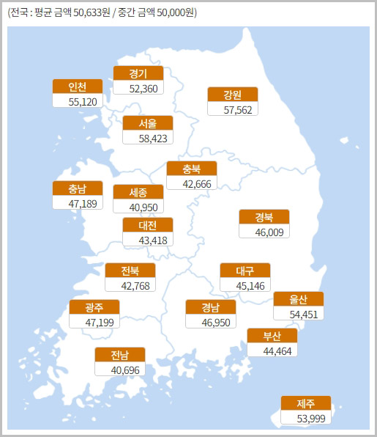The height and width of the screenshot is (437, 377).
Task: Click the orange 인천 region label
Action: [x=78, y=87]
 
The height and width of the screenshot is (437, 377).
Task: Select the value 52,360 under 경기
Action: [x=138, y=88]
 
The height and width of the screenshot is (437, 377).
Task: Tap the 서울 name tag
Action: [x=148, y=123]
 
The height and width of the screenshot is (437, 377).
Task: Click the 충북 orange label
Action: [x=192, y=169]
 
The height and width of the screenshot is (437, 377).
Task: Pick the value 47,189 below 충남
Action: [x=78, y=202]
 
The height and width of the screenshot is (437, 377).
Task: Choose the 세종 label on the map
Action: [x=138, y=192]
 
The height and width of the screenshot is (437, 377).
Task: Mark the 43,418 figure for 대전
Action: [x=148, y=240]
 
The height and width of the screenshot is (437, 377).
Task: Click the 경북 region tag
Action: [x=264, y=217]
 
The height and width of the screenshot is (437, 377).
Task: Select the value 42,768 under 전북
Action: [x=130, y=285]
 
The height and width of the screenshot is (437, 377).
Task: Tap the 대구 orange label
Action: [x=245, y=271]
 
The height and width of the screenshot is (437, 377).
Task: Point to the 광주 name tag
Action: [x=94, y=307]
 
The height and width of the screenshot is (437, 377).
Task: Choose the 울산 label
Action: [x=298, y=299]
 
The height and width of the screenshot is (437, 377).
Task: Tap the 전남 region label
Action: [x=120, y=355]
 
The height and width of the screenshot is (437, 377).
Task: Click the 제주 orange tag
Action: [x=305, y=403]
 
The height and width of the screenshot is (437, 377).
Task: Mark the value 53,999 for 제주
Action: [x=305, y=417]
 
